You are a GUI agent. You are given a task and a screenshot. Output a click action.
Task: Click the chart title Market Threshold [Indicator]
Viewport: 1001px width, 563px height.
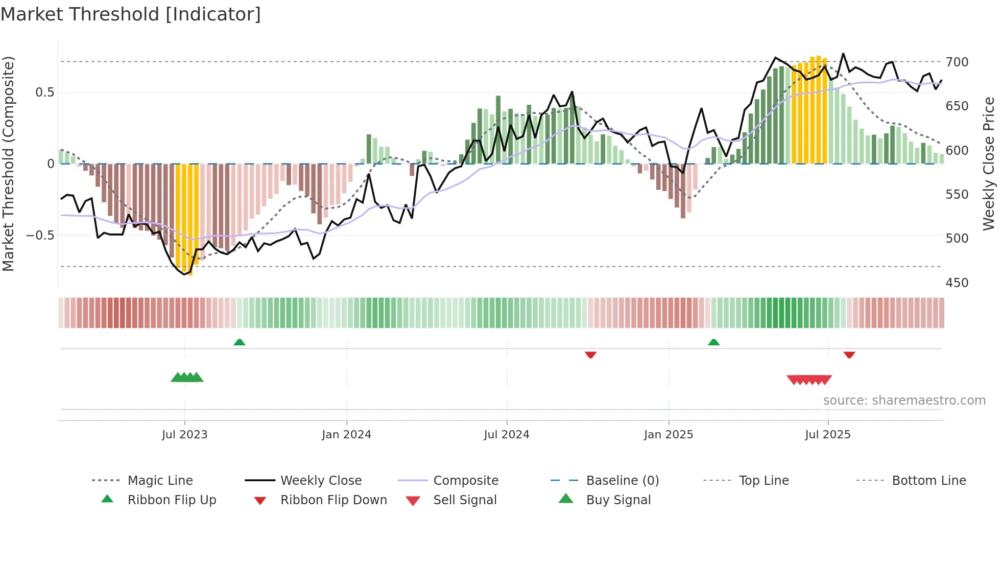click(x=131, y=14)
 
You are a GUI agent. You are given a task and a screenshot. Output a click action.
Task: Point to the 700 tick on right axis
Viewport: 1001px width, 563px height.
click(x=957, y=62)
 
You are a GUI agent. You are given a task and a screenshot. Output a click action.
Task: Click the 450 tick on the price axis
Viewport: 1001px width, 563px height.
click(x=957, y=283)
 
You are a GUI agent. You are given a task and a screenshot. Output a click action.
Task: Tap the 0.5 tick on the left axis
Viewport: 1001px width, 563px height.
click(x=44, y=92)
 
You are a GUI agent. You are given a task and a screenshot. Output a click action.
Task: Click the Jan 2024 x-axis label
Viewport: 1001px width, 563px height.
click(x=346, y=435)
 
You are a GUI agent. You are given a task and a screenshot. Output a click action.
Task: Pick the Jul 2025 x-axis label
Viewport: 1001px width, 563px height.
click(x=827, y=435)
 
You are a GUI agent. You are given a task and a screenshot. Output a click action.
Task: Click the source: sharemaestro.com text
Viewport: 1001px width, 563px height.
click(x=904, y=401)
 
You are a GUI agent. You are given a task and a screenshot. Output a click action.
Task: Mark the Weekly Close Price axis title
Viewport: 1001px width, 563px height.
click(x=989, y=163)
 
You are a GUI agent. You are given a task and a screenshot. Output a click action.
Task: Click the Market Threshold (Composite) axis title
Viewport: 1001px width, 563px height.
click(x=8, y=163)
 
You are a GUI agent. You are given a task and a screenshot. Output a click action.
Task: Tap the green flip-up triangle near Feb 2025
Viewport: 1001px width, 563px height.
click(x=713, y=342)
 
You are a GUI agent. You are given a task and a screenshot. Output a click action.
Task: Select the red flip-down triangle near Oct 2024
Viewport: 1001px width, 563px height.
click(x=590, y=354)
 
